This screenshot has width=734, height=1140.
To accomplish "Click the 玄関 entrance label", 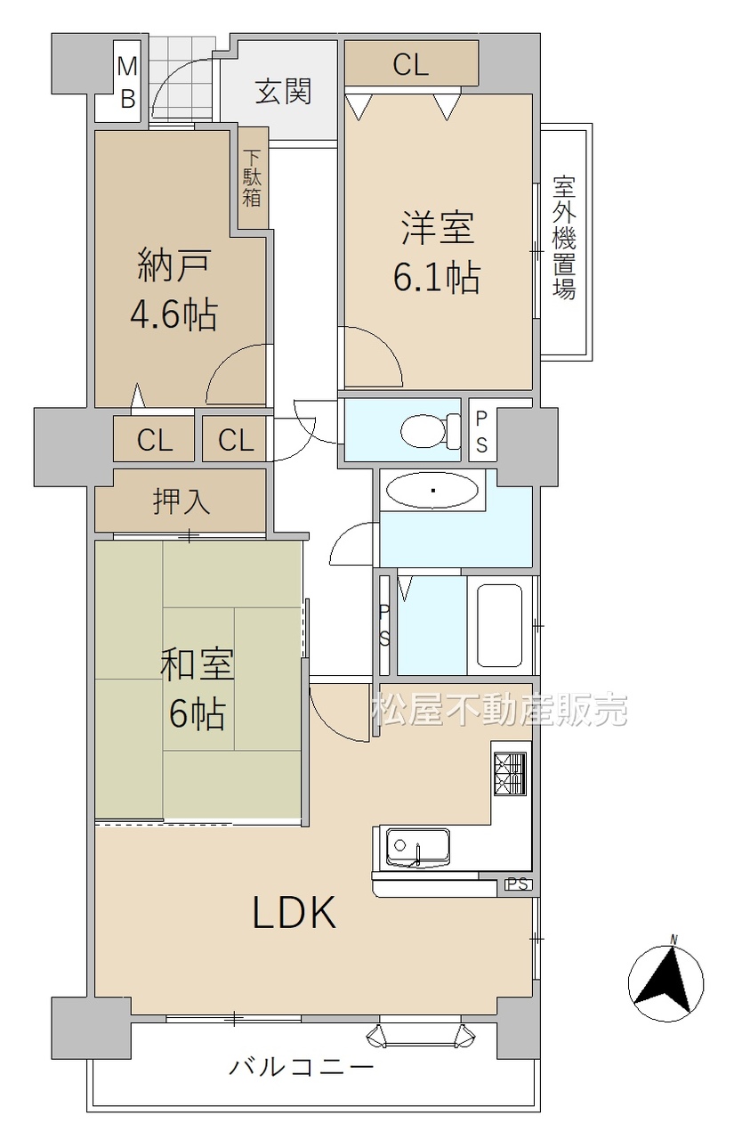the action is (283, 92).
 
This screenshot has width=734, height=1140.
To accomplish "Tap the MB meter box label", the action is (127, 82).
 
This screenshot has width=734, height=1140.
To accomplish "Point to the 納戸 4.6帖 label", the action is (173, 290).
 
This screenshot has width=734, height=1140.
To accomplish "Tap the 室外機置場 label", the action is (564, 237).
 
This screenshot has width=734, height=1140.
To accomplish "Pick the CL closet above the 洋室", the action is (411, 63).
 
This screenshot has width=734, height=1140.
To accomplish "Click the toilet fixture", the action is (431, 431).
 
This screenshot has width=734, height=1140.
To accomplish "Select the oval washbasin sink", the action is (432, 491).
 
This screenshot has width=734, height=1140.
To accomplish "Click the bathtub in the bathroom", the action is (499, 625).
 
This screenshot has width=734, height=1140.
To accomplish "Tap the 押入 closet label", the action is (181, 501).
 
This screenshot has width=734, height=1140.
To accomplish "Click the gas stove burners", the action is (511, 774).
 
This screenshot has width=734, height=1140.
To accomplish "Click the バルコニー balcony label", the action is (302, 1066).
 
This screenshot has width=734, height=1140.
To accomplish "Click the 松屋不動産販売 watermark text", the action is (500, 710).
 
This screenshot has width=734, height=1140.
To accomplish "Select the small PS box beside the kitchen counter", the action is (518, 884).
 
